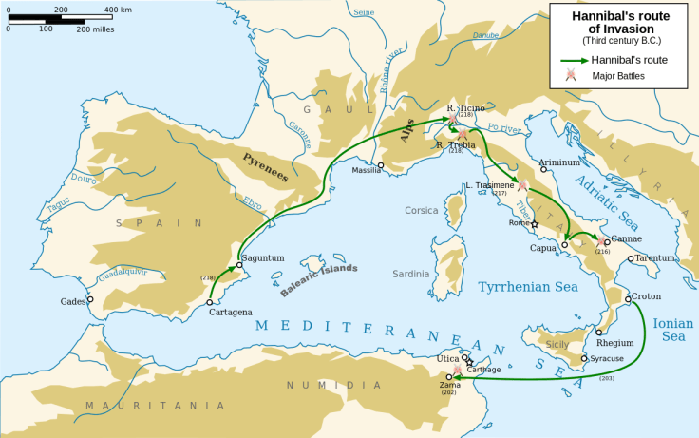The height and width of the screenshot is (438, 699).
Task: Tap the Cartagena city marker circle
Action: tap(210, 302)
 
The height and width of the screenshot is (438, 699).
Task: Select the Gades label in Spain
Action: tap(73, 300)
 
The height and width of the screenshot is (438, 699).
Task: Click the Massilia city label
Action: tap(366, 171)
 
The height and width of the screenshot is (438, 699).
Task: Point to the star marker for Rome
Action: tap(535, 224)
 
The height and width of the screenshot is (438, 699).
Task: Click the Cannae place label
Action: tap(627, 238)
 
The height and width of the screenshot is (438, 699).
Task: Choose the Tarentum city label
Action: tap(655, 257)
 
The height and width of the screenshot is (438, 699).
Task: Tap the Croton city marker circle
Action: tap(628, 299)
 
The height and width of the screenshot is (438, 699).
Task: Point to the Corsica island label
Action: tap(422, 211)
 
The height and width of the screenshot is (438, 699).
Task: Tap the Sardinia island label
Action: tap(411, 274)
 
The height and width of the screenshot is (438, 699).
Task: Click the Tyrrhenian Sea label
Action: tap(527, 286)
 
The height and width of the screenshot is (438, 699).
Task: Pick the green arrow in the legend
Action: tap(573, 59)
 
